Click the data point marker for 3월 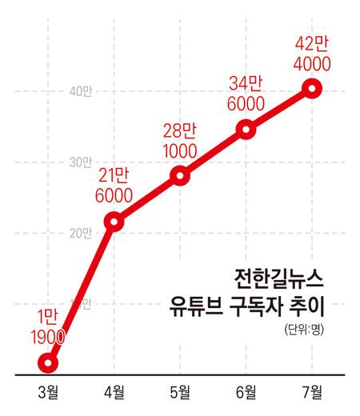(x=48, y=363)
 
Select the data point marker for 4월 (x=114, y=222)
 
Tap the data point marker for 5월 (x=181, y=176)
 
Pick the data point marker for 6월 (x=246, y=130)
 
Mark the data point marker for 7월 (x=313, y=88)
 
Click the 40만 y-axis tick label (x=80, y=91)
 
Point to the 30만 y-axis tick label (x=80, y=162)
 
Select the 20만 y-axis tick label (x=80, y=233)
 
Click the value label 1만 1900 (x=38, y=326)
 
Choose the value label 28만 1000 (x=182, y=140)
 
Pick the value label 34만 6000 (x=246, y=94)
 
